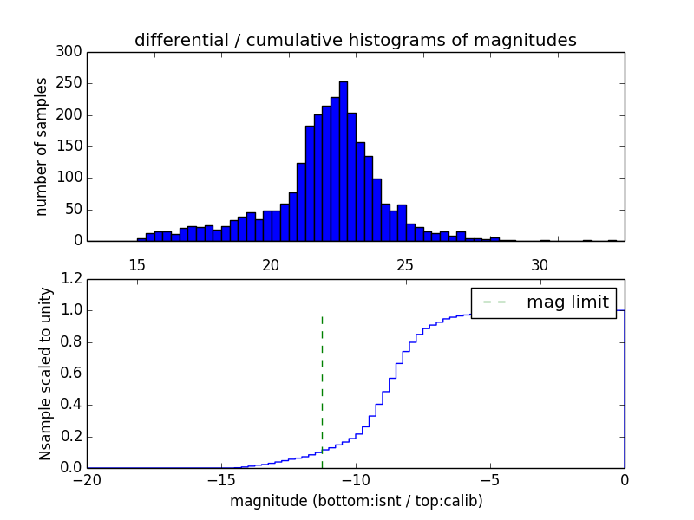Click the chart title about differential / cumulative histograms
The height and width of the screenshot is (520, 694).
tap(355, 40)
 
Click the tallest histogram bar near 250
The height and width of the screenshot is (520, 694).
tap(344, 160)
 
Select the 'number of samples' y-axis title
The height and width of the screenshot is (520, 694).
tap(42, 146)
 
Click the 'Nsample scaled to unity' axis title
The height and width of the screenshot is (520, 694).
tap(45, 374)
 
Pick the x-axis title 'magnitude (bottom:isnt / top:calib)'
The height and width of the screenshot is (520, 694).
tap(356, 501)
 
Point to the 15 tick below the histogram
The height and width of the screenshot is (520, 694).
tap(136, 264)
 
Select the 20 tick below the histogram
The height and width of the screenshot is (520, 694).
tap(271, 264)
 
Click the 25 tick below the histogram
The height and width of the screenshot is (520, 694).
tap(405, 264)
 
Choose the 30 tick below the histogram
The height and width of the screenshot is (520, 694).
tap(540, 264)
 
